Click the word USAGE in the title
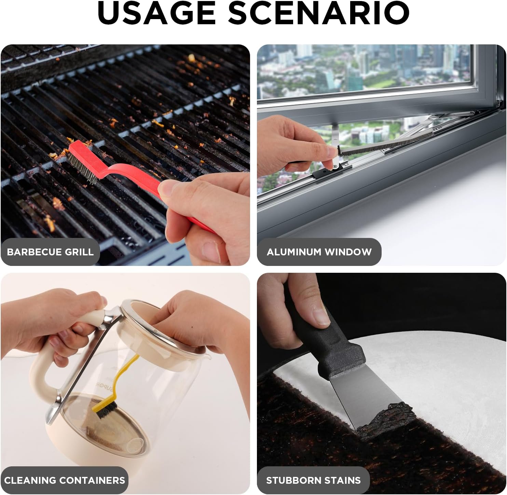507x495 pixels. pos(156,13)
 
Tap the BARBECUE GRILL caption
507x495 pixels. pos(50,252)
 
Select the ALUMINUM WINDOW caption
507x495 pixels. pos(319,252)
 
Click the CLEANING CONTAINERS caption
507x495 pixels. pos(65,480)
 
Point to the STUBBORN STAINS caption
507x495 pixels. pos(313,480)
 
